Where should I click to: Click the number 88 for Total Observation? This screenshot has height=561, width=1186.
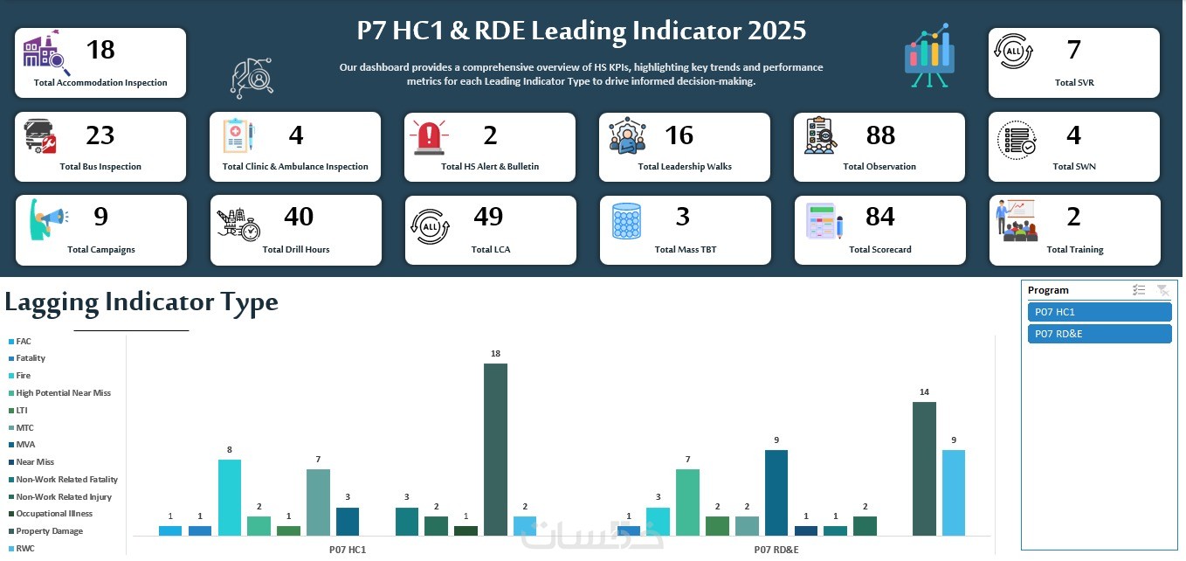coord(880,135)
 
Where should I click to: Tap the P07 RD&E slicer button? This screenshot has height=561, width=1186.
coord(1099,334)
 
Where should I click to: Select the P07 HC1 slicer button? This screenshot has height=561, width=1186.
coord(1099,312)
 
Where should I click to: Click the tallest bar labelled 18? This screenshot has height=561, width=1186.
coord(495,449)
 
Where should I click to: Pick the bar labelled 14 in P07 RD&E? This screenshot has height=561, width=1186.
coord(924,468)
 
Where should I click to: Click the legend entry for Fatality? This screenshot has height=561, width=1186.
coord(31,358)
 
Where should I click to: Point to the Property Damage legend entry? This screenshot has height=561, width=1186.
coord(49,531)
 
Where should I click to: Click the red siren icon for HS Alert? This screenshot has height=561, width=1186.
coord(430,137)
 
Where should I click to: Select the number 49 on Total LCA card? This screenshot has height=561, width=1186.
coord(489,217)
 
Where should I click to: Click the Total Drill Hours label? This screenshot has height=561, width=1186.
coord(296,250)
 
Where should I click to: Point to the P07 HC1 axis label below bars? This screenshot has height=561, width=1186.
coord(347,550)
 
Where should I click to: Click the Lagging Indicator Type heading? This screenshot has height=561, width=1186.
coord(141,302)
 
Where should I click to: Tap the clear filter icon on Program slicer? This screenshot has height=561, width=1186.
coord(1162,290)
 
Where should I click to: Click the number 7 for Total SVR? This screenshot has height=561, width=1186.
coord(1073,51)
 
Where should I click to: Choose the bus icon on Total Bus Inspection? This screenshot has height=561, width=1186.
coord(40,136)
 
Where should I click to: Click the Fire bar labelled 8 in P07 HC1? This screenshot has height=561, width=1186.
coord(230,497)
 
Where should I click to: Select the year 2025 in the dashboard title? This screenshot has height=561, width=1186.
coord(776,31)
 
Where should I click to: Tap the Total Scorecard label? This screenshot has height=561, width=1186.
coord(879,250)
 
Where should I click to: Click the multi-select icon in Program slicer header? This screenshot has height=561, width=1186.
coord(1139,290)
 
